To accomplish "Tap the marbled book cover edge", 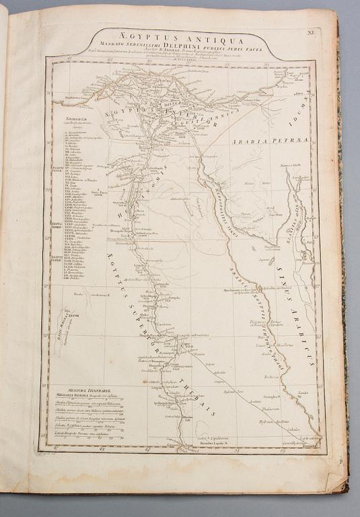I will pos(345,269).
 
